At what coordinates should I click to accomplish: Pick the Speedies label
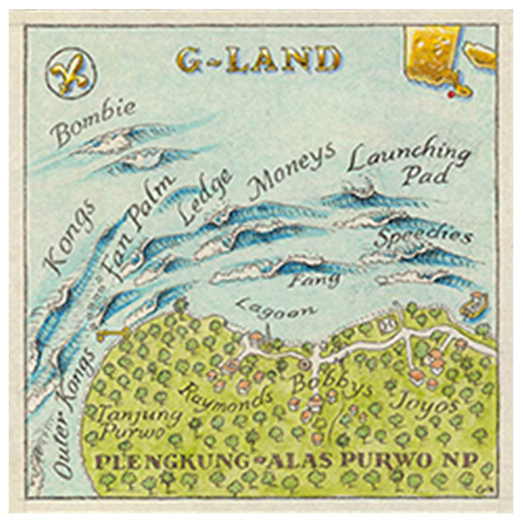pyautogui.click(x=425, y=237)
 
